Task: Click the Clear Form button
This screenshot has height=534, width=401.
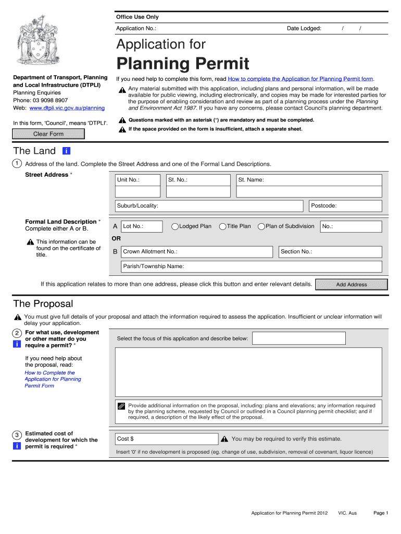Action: [48, 134]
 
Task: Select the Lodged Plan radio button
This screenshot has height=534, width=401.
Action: [176, 226]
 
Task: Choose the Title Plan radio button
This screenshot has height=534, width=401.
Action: [223, 226]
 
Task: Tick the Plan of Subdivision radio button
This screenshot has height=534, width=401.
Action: [261, 226]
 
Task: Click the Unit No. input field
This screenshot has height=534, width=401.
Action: [137, 185]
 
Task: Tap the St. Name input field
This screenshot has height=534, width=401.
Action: [309, 185]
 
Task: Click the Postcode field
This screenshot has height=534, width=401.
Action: [345, 205]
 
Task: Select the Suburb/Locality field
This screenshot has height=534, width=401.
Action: [209, 205]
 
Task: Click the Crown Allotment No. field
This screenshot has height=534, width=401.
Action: [197, 252]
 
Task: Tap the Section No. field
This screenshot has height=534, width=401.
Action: [330, 252]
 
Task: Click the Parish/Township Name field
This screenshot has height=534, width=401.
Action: [251, 266]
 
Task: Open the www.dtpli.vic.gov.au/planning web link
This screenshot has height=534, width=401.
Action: [67, 108]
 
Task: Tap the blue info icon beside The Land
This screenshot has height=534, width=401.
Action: [66, 151]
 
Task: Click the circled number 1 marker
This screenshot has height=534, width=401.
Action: [17, 164]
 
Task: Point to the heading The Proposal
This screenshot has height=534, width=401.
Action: [43, 304]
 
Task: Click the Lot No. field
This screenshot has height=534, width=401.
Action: [142, 226]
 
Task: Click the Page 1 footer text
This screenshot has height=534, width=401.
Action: [381, 513]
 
